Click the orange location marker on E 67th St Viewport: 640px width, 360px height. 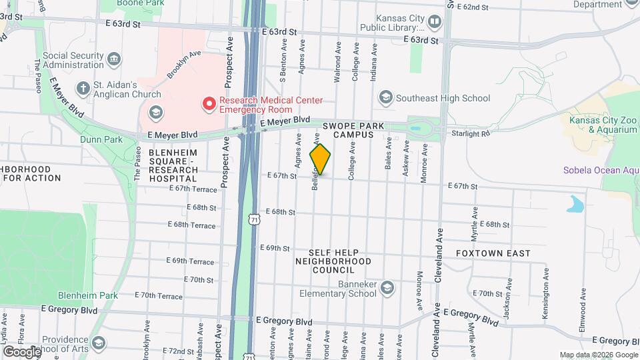[x=320, y=159]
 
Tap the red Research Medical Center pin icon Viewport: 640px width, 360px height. [x=209, y=103]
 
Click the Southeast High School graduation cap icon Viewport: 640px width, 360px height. [x=385, y=98]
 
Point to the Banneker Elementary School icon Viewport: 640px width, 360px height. [x=387, y=287]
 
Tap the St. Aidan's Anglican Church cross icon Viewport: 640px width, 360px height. [x=83, y=88]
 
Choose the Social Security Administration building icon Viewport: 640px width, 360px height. [x=115, y=59]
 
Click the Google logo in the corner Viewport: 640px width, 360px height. [x=21, y=351]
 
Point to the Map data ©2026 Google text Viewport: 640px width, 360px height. [x=598, y=355]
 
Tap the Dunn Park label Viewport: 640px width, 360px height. [x=101, y=139]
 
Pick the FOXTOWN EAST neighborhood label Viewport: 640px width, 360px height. [x=493, y=253]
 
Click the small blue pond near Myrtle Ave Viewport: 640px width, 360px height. [x=575, y=203]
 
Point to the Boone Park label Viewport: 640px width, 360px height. [x=140, y=3]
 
